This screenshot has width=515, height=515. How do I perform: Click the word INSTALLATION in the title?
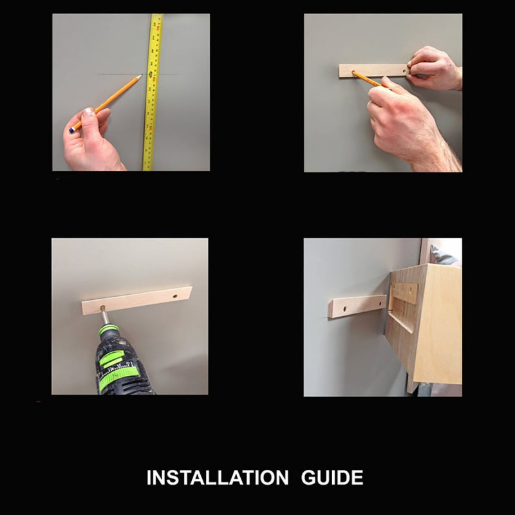(218, 477)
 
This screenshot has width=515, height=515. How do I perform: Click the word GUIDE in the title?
(332, 477)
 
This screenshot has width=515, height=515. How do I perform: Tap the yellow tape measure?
(153, 92)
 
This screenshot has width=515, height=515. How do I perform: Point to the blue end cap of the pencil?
(72, 131)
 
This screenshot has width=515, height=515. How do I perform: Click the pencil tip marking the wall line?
(141, 75)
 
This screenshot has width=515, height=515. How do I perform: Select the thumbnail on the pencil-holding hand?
(88, 112)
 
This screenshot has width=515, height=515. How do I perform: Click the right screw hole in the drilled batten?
(175, 296)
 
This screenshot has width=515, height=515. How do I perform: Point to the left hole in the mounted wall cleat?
(345, 309)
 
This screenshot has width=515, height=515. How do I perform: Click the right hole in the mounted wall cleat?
(381, 303)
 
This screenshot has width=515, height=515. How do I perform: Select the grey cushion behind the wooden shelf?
(444, 255)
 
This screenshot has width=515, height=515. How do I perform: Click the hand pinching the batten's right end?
(433, 68)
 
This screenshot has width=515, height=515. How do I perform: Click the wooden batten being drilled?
(137, 301)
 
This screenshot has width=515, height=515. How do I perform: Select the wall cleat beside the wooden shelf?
(357, 306)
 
